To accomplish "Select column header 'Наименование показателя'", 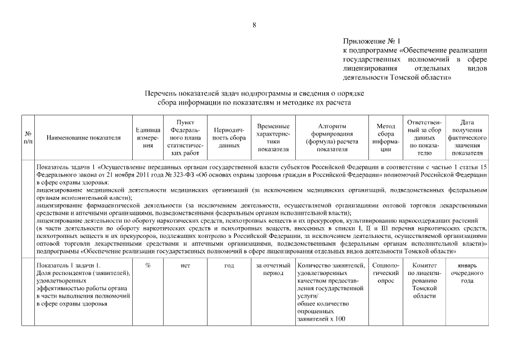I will (84, 137).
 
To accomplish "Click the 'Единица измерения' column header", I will (148, 137).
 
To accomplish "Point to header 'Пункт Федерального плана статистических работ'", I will (186, 137).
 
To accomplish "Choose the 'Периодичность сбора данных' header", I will (229, 137).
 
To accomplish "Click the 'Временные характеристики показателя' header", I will (273, 137).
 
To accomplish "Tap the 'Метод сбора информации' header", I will (385, 137).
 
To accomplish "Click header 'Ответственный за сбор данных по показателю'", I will (424, 137).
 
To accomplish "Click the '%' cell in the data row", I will (148, 265).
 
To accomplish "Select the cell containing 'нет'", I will (186, 265).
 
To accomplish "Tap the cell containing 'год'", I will (229, 265).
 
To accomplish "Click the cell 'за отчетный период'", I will (273, 269).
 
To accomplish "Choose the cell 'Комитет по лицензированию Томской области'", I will (424, 280).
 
